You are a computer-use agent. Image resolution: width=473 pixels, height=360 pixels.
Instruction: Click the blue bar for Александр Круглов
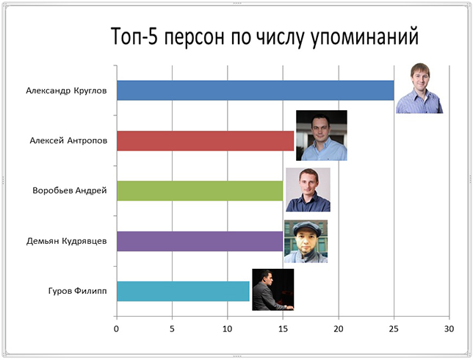click(255, 90)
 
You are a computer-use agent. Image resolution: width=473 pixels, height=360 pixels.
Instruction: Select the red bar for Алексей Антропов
click(206, 140)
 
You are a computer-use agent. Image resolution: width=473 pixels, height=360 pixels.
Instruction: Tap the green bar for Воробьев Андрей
click(200, 191)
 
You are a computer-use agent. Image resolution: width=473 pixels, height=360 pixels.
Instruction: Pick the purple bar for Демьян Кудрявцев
click(200, 241)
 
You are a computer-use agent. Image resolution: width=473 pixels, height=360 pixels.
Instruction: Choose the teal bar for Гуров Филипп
click(183, 291)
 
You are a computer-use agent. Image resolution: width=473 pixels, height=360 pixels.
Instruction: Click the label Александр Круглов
click(66, 91)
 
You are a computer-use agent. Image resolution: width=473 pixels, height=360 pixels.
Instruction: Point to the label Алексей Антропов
click(68, 141)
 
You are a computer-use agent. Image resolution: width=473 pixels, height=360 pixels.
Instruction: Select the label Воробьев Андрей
click(70, 191)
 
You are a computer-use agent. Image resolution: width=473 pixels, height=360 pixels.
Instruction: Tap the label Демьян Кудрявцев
click(67, 242)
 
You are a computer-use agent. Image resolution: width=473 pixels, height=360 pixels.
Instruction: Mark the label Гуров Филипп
click(78, 291)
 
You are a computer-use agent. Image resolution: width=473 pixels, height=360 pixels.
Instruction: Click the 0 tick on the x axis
click(117, 329)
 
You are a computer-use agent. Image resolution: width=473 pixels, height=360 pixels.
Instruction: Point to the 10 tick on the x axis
click(228, 329)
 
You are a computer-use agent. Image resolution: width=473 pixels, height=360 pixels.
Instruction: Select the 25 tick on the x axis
click(394, 329)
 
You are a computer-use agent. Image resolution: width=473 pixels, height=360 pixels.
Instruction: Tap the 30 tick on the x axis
click(449, 329)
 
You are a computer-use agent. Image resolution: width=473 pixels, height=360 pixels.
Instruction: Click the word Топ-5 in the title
click(134, 36)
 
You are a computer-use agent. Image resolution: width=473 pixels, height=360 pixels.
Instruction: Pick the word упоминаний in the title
click(364, 37)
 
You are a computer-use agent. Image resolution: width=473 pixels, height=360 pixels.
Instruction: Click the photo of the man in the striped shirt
click(419, 88)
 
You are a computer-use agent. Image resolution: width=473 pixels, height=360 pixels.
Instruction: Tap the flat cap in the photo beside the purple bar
click(307, 228)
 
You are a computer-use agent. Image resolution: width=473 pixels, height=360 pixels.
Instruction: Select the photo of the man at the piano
click(273, 289)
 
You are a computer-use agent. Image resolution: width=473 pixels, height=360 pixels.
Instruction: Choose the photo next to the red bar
click(322, 135)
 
